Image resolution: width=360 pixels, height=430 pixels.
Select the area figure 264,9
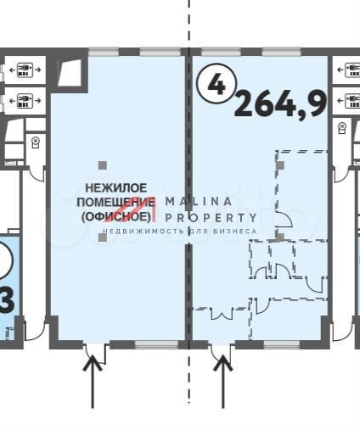point(281,103)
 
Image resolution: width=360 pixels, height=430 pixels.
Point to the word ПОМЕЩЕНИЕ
point(115,202)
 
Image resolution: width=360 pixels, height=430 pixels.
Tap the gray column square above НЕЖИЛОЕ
point(103,165)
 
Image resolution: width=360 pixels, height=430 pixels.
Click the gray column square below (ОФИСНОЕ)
point(103,237)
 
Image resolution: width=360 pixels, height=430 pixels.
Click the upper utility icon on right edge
point(347,69)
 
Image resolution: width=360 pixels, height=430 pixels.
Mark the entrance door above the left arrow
point(96,350)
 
